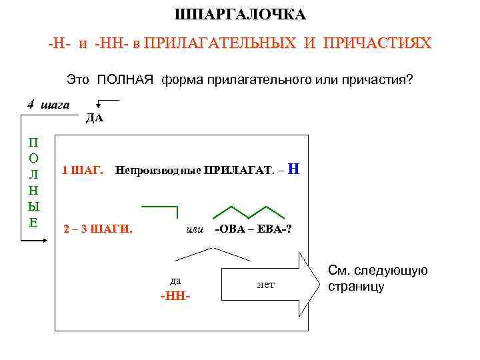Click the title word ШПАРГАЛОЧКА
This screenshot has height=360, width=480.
pos(240,15)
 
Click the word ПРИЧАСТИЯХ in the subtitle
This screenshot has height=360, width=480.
pos(377,45)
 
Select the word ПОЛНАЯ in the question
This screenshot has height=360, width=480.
pos(127,80)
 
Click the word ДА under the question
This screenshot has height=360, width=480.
pos(94,119)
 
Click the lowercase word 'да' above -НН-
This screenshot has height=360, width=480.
pos(175,280)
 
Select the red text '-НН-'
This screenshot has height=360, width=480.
pos(175,295)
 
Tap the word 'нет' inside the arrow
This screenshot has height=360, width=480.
pos(265,285)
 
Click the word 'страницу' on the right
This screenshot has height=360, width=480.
pos(357,287)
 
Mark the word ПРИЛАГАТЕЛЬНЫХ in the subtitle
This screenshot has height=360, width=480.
pos(220,45)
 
